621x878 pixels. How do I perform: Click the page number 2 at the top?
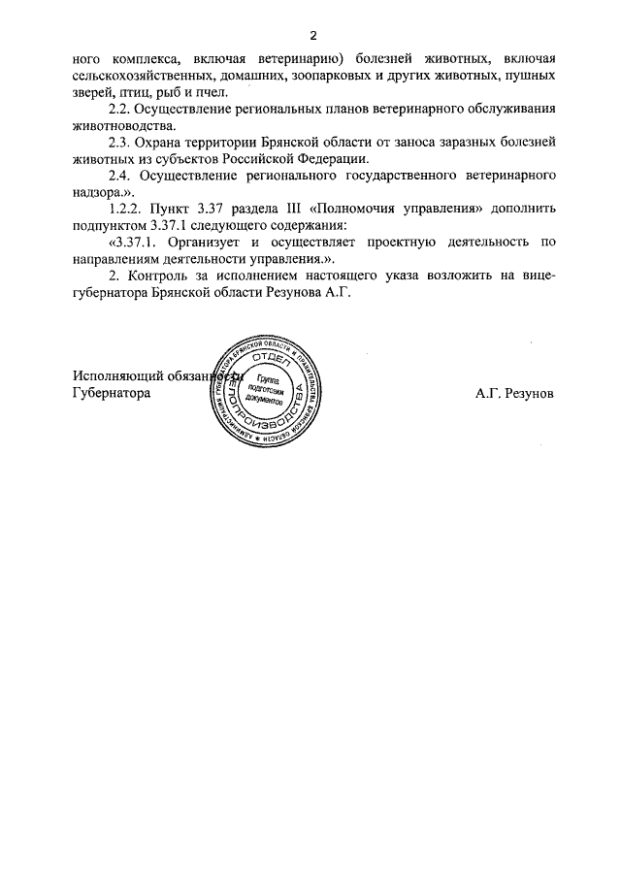(313, 36)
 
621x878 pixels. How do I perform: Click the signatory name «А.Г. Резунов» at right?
(515, 394)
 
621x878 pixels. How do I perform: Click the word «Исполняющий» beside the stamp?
(114, 376)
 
